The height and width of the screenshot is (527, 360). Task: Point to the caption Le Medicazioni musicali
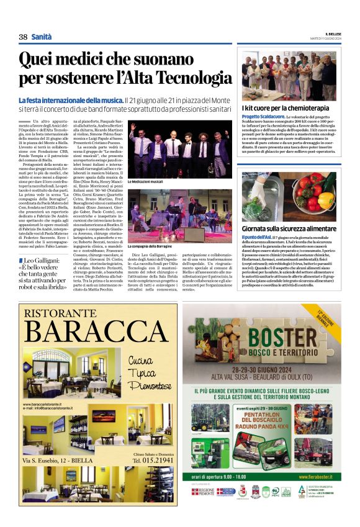[x=146, y=181]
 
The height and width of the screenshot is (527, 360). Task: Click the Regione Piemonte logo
[x=204, y=492]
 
